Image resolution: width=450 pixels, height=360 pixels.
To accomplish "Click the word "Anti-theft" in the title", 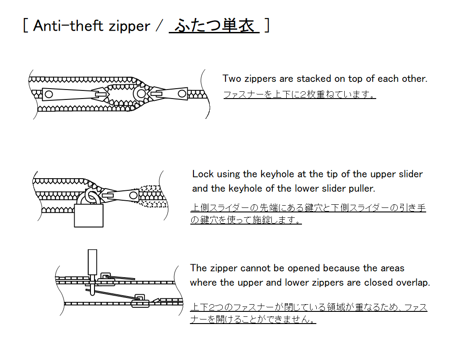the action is coord(68,26).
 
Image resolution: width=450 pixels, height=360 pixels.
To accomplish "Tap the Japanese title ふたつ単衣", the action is coord(214,25).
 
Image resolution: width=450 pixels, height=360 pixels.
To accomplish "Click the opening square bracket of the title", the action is coord(26,25).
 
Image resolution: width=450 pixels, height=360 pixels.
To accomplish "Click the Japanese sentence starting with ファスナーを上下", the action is coord(300,94).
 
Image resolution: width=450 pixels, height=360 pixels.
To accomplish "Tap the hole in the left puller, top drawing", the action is coord(49,94).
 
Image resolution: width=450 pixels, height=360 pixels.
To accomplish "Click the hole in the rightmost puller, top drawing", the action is coord(182,94).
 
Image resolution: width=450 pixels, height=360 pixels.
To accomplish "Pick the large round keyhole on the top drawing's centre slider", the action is coord(141,93).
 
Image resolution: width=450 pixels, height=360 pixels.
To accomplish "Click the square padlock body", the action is coord(89,216).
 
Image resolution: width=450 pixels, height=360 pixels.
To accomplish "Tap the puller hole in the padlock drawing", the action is coord(133,195).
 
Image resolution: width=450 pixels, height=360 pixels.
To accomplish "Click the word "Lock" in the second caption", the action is coord(203,174).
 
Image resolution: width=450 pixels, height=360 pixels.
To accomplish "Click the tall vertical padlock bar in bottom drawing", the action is coord(92,263).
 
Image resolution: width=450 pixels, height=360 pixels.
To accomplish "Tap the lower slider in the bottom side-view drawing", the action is coord(140,301).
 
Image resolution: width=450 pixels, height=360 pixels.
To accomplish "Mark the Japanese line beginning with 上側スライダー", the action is coord(308,208).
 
